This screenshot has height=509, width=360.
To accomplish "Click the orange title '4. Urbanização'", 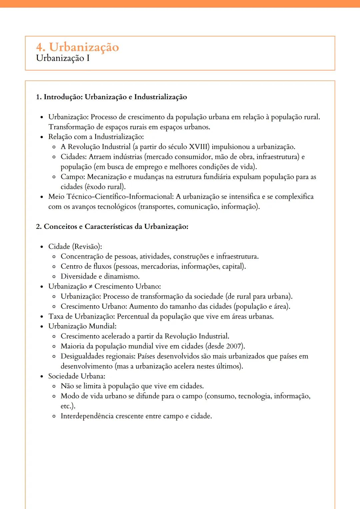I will [77, 47].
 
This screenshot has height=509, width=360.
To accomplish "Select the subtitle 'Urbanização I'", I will [63, 58].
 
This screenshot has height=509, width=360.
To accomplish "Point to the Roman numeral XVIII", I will [199, 147].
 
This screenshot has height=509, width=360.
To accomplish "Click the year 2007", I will [235, 346].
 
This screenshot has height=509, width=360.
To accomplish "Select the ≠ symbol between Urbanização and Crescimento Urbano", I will [90, 287].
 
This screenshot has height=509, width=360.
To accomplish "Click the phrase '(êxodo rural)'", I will [105, 187].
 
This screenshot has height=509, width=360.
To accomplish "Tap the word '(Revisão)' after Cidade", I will [87, 247].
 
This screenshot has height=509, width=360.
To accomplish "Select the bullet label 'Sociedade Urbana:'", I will [77, 376].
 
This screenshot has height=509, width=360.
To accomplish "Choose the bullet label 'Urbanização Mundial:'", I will [82, 326].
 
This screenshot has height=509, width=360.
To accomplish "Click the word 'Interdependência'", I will [87, 416].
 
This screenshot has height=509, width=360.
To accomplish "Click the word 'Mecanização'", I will [107, 177].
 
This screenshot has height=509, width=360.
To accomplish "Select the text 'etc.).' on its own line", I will [68, 406].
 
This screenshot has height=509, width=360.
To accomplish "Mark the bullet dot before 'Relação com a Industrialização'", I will [42, 137].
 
